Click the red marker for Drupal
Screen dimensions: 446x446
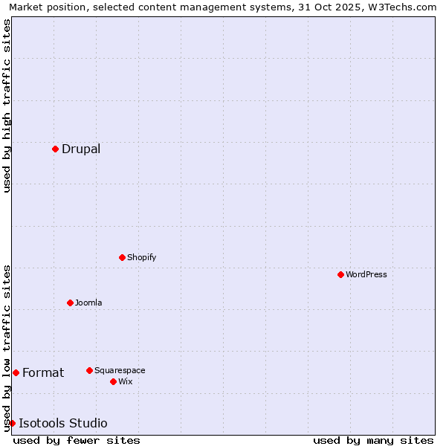coord(55,149)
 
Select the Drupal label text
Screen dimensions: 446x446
coord(81,149)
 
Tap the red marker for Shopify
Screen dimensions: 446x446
coord(122,257)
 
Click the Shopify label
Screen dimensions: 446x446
coord(141,257)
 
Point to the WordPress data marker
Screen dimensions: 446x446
coord(340,274)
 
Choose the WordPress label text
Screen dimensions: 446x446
coord(366,274)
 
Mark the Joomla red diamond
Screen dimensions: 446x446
coord(70,303)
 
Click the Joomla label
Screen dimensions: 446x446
coord(88,303)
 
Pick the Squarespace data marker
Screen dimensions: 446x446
coord(89,370)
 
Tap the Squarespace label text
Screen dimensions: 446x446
coord(120,370)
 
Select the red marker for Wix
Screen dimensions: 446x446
coord(113,381)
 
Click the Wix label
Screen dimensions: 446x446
coord(125,381)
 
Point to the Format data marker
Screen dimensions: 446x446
coord(16,372)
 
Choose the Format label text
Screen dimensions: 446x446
coord(43,372)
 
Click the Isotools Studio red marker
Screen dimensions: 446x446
coord(12,423)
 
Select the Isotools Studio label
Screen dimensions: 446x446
coord(63,424)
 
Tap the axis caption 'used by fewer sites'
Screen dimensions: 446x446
coord(77,440)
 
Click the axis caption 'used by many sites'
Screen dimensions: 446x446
coord(373,440)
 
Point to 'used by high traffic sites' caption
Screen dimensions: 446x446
coord(7,106)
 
